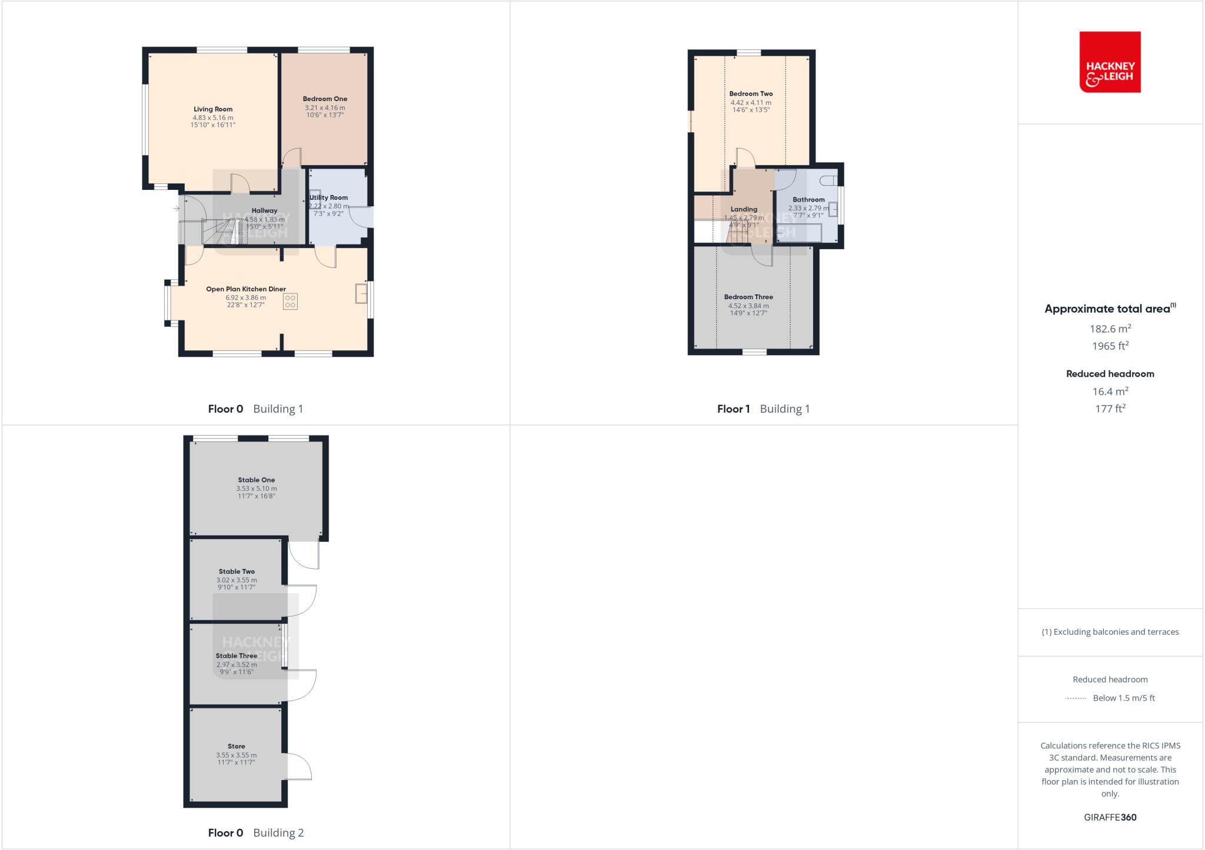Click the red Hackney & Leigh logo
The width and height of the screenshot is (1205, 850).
pyautogui.click(x=1110, y=62)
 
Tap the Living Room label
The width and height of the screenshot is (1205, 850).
pyautogui.click(x=213, y=109)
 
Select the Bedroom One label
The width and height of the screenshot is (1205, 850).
pyautogui.click(x=325, y=99)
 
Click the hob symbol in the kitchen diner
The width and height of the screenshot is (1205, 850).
pyautogui.click(x=290, y=302)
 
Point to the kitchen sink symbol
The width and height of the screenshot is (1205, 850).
pyautogui.click(x=361, y=294)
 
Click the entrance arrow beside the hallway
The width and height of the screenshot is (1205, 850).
pyautogui.click(x=176, y=208)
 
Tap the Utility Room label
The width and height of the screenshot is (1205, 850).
pyautogui.click(x=329, y=198)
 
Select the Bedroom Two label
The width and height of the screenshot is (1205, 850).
pyautogui.click(x=751, y=93)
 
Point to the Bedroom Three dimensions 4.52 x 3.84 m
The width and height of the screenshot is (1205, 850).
pyautogui.click(x=748, y=306)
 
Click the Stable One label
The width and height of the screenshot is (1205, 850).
pyautogui.click(x=256, y=480)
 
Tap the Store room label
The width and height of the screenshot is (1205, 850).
pyautogui.click(x=237, y=746)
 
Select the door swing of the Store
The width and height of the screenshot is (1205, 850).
pyautogui.click(x=298, y=766)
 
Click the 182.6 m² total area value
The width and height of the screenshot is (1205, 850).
pyautogui.click(x=1110, y=329)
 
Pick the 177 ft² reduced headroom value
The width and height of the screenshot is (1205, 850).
pyautogui.click(x=1110, y=408)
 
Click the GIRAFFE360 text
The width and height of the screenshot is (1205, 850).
pyautogui.click(x=1110, y=817)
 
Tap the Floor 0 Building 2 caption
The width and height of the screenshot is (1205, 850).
pyautogui.click(x=256, y=832)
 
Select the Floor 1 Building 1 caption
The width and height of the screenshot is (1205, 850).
pyautogui.click(x=763, y=409)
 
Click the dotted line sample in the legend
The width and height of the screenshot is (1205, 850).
pyautogui.click(x=1076, y=698)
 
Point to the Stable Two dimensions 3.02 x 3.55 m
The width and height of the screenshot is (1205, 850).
pyautogui.click(x=237, y=580)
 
